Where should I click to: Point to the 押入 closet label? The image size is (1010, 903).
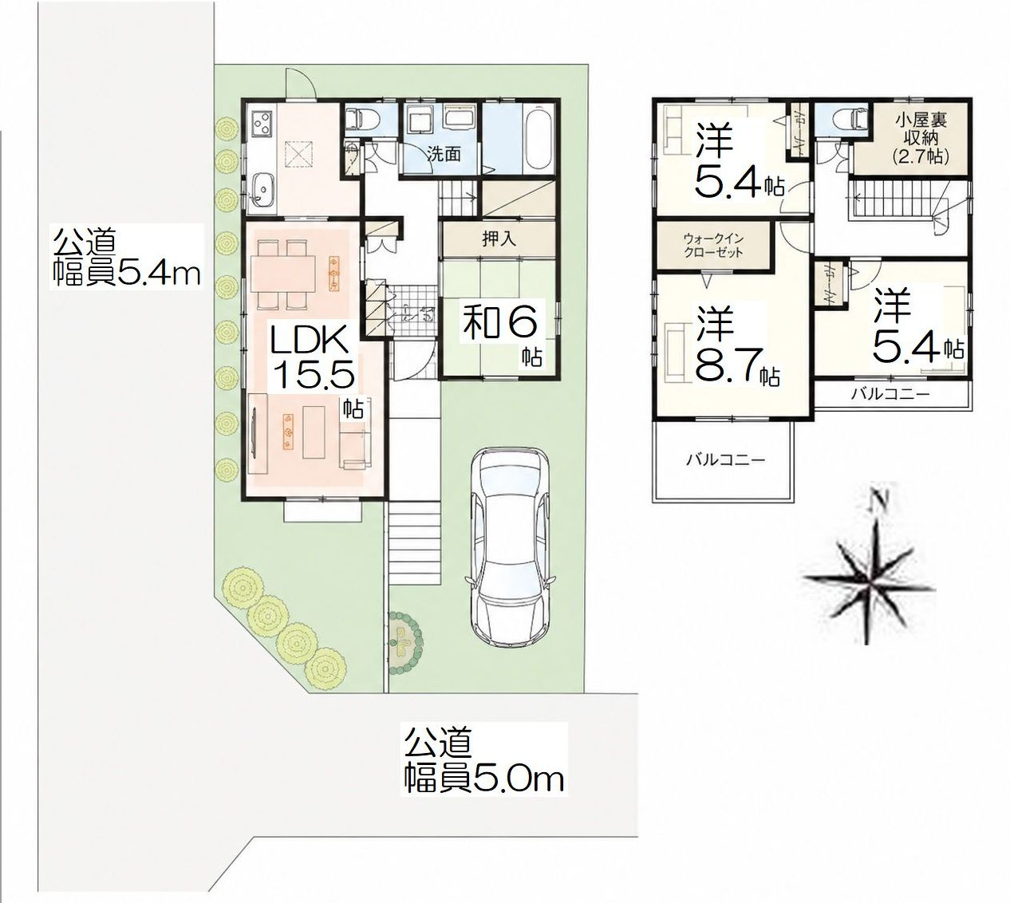coord(499,239)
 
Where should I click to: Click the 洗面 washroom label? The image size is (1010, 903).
coord(444,155)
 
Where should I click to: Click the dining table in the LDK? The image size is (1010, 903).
coord(282,274)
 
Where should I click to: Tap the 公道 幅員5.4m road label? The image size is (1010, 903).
coord(126,258)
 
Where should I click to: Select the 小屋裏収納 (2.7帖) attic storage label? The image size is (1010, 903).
coord(921,138)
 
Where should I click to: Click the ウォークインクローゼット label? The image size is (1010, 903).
coord(713,246)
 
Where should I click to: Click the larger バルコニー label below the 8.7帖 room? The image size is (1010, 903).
coord(725,459)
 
